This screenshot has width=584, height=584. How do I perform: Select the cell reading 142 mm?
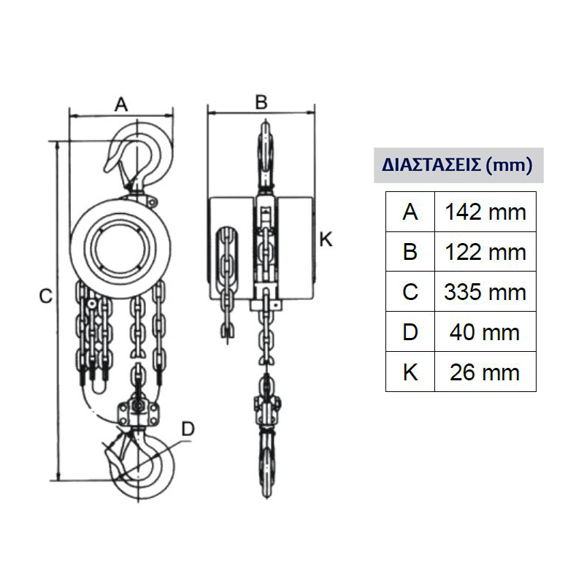pos(485,212)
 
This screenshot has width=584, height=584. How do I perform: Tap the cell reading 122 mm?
pos(485,252)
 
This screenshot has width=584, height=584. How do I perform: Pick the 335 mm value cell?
pos(485,292)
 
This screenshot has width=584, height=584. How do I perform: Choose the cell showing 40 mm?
pos(485,332)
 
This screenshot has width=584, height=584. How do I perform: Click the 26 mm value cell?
pos(485,372)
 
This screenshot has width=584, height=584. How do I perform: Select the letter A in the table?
pos(410,212)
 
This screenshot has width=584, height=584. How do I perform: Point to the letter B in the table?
pos(410,252)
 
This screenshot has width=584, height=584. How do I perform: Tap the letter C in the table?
pos(410,292)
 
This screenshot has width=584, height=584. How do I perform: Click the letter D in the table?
pos(410,332)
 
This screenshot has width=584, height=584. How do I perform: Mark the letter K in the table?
pos(410,372)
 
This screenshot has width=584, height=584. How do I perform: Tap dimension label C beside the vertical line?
pos(45,296)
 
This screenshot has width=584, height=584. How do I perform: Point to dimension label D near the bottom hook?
pos(188,429)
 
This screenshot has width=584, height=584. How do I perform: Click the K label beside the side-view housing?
pos(326,239)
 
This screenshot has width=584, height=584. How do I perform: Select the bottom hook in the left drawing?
pos(142,464)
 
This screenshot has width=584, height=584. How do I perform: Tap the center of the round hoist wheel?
pos(122,246)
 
